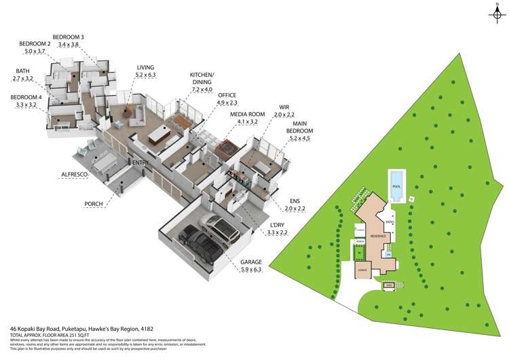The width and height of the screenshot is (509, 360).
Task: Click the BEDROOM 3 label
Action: click(x=69, y=36)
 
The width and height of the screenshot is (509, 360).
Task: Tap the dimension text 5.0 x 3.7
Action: click(x=35, y=52)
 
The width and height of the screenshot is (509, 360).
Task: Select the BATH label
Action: click(x=23, y=71)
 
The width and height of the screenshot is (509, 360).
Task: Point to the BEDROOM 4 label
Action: click(x=26, y=97)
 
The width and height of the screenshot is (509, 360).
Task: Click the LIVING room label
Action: click(x=145, y=67)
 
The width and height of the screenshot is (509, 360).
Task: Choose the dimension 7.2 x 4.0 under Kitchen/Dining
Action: click(x=202, y=90)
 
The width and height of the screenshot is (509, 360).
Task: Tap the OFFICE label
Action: click(x=227, y=95)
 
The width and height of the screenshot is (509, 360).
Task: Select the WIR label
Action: click(x=285, y=107)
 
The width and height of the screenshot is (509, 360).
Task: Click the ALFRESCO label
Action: click(x=75, y=175)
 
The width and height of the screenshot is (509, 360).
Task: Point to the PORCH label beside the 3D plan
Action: click(x=94, y=204)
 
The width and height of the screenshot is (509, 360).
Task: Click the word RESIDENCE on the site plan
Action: click(x=379, y=236)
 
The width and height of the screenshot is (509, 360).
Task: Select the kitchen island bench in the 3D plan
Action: click(x=159, y=135)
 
